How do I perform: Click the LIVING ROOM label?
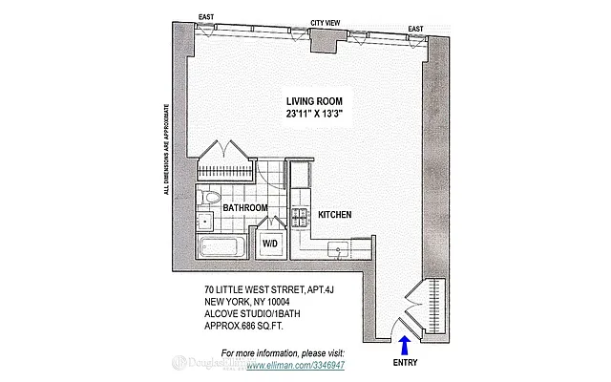(314, 100)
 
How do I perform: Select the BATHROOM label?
(245, 207)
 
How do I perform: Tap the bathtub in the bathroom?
(222, 249)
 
